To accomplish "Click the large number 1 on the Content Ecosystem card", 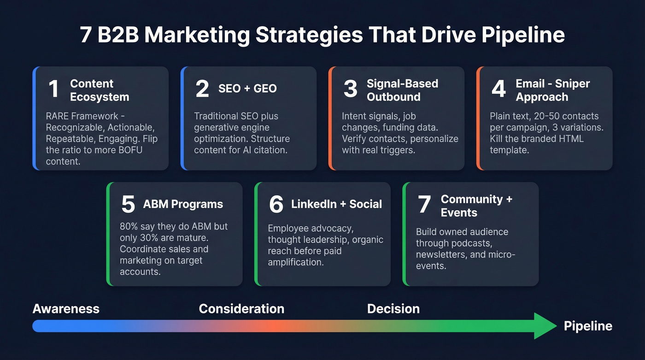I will (x=54, y=89).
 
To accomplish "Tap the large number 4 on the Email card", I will (x=498, y=89).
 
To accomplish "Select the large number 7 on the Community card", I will (x=424, y=205).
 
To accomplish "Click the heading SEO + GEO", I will (x=247, y=89).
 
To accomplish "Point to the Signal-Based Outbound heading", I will (x=402, y=90).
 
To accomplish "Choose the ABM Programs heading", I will (x=183, y=204).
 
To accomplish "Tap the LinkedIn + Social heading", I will (x=336, y=204).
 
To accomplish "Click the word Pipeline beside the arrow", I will (x=588, y=326).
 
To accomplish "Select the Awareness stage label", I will (x=66, y=309).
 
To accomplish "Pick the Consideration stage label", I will (x=241, y=309).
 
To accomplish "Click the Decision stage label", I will (x=393, y=309).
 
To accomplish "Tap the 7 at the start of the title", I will (x=86, y=35).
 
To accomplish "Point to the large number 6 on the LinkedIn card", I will (x=276, y=205).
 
